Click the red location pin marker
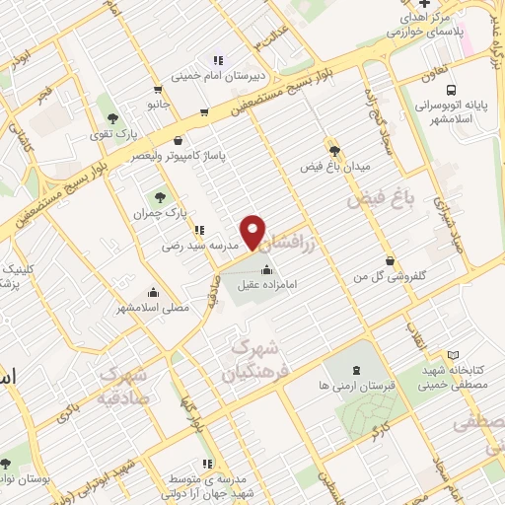(x=254, y=231)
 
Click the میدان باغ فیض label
(x=335, y=168)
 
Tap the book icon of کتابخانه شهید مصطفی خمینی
(x=453, y=355)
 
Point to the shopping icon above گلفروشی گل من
(x=393, y=261)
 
